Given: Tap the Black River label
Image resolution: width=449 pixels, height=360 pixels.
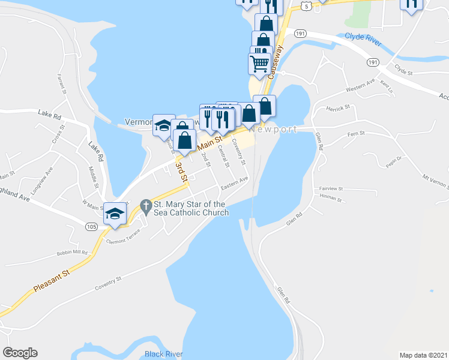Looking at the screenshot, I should (164, 354).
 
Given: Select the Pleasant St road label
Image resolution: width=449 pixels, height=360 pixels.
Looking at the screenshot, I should (52, 280).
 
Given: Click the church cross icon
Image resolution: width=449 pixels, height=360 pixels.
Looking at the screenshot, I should (145, 206).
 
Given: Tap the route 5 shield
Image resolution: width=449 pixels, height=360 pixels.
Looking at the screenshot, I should (307, 6).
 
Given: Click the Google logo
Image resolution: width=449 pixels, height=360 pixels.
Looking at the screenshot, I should (20, 353).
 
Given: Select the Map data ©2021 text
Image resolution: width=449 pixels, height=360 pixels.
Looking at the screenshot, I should (424, 355).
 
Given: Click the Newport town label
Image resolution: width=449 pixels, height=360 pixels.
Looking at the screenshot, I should (274, 130).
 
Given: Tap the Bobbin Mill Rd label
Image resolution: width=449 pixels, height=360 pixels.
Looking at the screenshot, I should (72, 253).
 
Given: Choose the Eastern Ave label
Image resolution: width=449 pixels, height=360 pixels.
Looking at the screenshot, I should (234, 184).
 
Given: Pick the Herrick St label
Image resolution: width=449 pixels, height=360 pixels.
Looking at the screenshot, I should (338, 107).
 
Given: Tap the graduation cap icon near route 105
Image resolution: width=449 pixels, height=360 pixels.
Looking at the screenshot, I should (115, 213).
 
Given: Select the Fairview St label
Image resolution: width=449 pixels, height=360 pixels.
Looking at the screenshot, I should (331, 187).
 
